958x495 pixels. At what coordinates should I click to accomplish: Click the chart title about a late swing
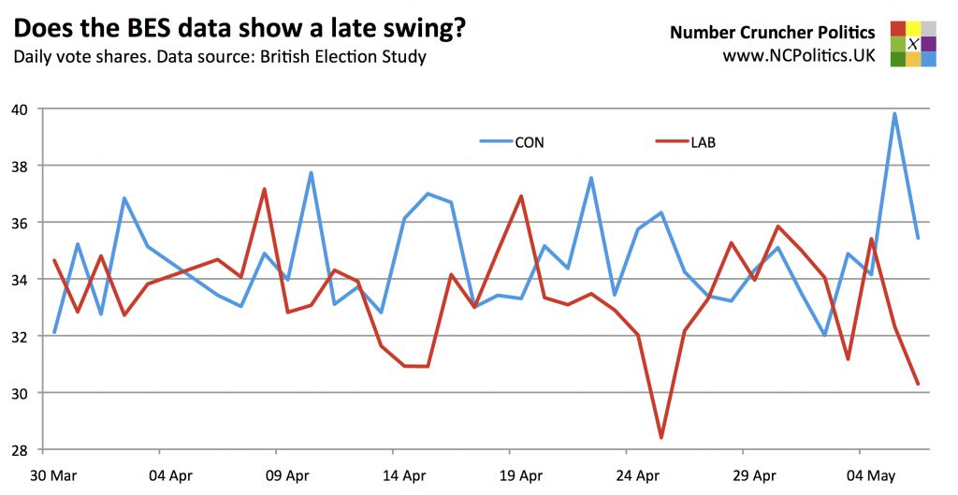(239, 29)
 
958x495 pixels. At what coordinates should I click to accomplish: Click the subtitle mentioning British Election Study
(219, 57)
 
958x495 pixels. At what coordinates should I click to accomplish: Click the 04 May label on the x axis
(870, 475)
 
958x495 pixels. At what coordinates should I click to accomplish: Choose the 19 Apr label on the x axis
(519, 475)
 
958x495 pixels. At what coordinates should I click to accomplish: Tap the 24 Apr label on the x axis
(636, 475)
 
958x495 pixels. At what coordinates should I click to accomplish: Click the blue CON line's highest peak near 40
(894, 114)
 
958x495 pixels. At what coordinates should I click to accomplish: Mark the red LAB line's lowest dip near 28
(661, 437)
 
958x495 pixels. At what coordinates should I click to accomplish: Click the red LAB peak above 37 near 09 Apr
(265, 189)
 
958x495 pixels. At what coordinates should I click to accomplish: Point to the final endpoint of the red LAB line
(918, 384)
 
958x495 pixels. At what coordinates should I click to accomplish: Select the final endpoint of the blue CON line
(918, 238)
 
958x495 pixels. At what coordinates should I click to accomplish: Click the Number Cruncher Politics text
(772, 33)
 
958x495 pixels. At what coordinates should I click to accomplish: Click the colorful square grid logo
(912, 44)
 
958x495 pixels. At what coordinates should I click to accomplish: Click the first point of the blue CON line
(54, 331)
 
